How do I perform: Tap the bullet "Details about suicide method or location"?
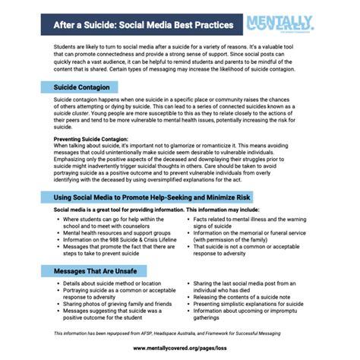(110, 283)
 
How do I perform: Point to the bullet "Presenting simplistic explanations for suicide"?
(248, 303)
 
